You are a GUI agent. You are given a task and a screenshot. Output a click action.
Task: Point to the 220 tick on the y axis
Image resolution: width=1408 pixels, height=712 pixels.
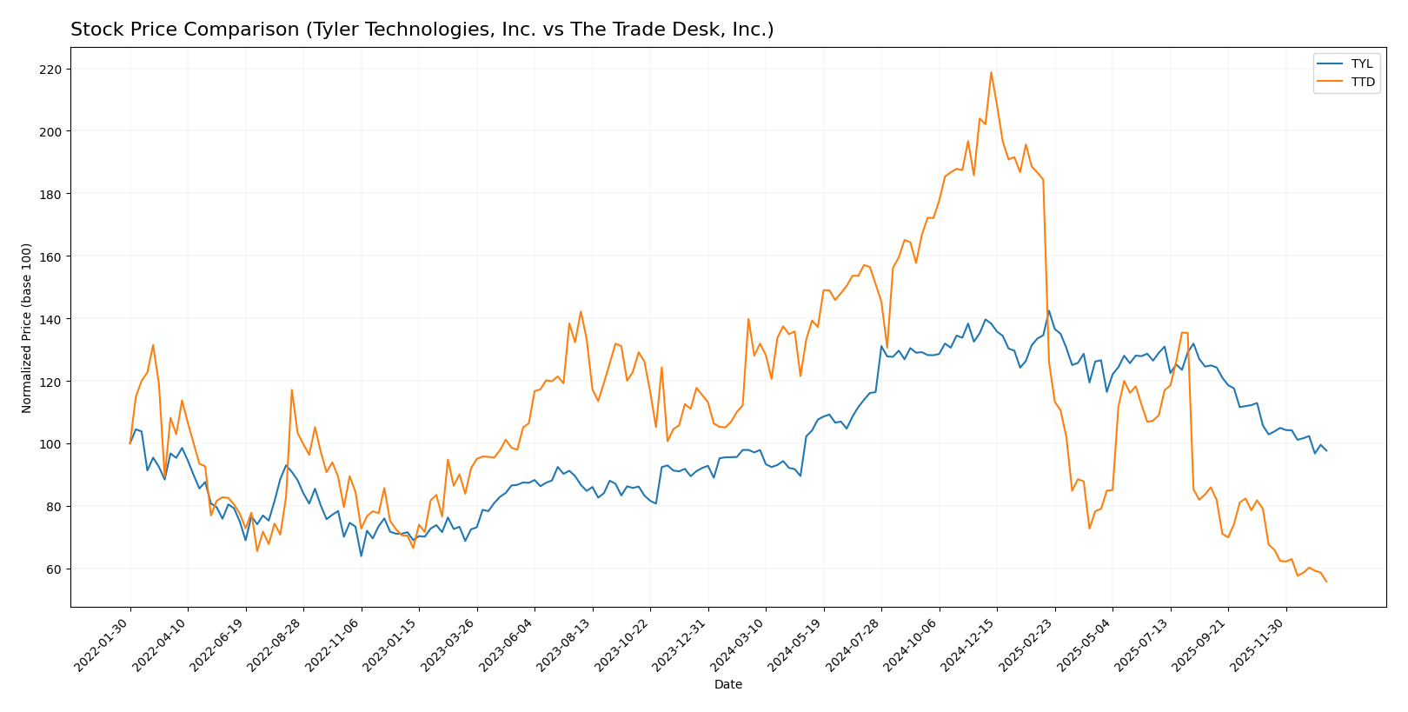coord(53,69)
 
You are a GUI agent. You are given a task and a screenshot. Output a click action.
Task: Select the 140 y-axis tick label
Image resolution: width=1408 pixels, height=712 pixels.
coord(53,319)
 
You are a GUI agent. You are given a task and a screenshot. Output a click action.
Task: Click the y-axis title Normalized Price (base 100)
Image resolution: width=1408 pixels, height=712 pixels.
coord(27,328)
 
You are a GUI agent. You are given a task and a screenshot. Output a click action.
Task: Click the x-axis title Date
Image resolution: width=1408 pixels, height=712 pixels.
coord(727,685)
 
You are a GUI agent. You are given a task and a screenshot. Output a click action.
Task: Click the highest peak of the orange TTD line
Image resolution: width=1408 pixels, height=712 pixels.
coord(991,72)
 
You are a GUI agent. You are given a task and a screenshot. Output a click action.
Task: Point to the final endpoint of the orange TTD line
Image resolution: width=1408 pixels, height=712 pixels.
coord(1326,582)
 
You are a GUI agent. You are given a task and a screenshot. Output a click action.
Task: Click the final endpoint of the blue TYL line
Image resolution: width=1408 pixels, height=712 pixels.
coord(1326,450)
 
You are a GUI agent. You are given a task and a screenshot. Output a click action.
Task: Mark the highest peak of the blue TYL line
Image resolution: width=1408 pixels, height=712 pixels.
coord(1048,310)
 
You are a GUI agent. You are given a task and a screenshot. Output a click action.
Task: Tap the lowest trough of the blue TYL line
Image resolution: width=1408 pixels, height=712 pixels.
coord(361,556)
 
